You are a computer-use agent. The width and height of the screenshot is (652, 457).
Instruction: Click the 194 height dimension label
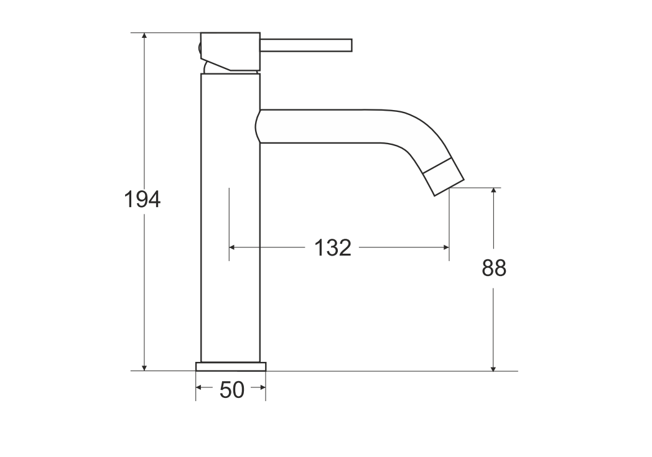(142, 200)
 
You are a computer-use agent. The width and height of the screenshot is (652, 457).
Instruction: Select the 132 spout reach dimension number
(332, 247)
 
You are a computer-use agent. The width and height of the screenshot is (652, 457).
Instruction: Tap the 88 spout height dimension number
(494, 268)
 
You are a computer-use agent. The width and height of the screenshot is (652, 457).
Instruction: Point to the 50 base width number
(231, 390)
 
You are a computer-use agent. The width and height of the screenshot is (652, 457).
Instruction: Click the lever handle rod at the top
(306, 45)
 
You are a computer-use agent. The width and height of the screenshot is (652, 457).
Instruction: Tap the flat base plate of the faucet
(231, 366)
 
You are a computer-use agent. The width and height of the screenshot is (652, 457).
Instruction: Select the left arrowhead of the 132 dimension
(233, 247)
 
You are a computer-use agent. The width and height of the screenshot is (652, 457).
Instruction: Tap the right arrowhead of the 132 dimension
(445, 247)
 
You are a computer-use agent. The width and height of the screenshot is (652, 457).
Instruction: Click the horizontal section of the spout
(330, 126)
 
